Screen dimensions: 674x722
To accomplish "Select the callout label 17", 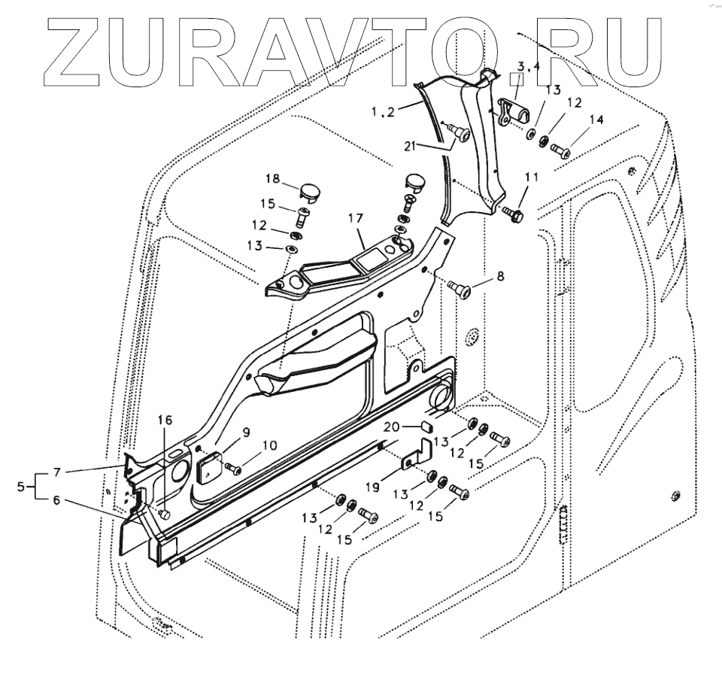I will click(x=355, y=219).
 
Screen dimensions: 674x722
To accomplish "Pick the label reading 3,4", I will click(x=529, y=67).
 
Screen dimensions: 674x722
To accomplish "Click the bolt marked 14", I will click(x=560, y=150).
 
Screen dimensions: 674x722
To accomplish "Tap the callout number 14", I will click(x=596, y=120).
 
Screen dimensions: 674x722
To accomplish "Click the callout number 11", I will click(x=532, y=178).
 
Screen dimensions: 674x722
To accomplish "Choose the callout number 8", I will click(x=501, y=276).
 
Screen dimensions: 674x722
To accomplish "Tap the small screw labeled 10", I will click(x=235, y=469).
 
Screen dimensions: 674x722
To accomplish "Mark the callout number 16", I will click(x=165, y=419).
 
